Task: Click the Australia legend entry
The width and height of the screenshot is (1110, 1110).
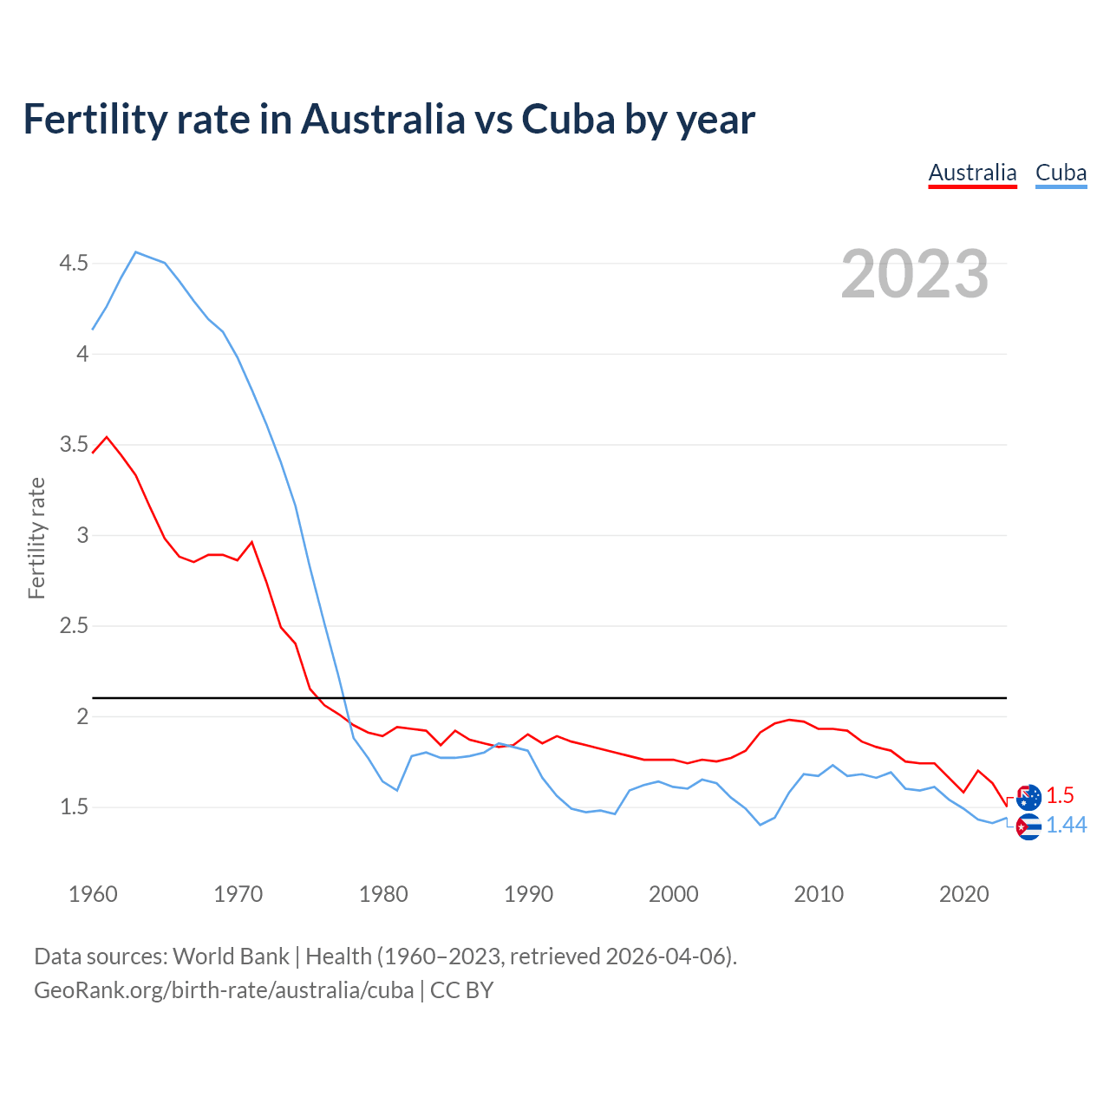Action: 972,173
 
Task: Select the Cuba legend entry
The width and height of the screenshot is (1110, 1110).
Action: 1061,173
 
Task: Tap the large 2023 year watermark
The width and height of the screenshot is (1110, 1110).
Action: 915,275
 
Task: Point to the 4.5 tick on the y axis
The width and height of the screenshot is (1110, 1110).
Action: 74,263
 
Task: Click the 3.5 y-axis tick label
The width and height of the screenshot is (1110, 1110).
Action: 74,445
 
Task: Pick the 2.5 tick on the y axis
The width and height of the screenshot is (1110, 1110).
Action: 74,626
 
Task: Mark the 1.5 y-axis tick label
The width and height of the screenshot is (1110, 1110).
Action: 74,807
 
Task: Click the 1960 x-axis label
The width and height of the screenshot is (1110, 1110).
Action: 93,894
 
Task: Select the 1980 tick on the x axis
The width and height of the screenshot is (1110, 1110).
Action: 383,894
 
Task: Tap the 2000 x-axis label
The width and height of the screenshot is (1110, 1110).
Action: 674,894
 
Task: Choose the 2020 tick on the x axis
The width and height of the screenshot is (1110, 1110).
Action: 963,894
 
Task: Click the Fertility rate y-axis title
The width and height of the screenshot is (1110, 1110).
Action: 36,538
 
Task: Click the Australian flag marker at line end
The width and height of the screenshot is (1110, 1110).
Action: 1028,797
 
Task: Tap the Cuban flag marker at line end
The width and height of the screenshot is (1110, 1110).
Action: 1028,827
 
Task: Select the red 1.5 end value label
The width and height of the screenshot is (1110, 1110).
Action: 1060,795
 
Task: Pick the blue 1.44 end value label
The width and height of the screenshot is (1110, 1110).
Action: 1066,826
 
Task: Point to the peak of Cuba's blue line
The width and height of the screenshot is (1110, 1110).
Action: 136,252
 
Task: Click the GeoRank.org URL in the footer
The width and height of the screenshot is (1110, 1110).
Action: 224,990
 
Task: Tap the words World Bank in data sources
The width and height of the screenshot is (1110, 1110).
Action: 231,957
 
